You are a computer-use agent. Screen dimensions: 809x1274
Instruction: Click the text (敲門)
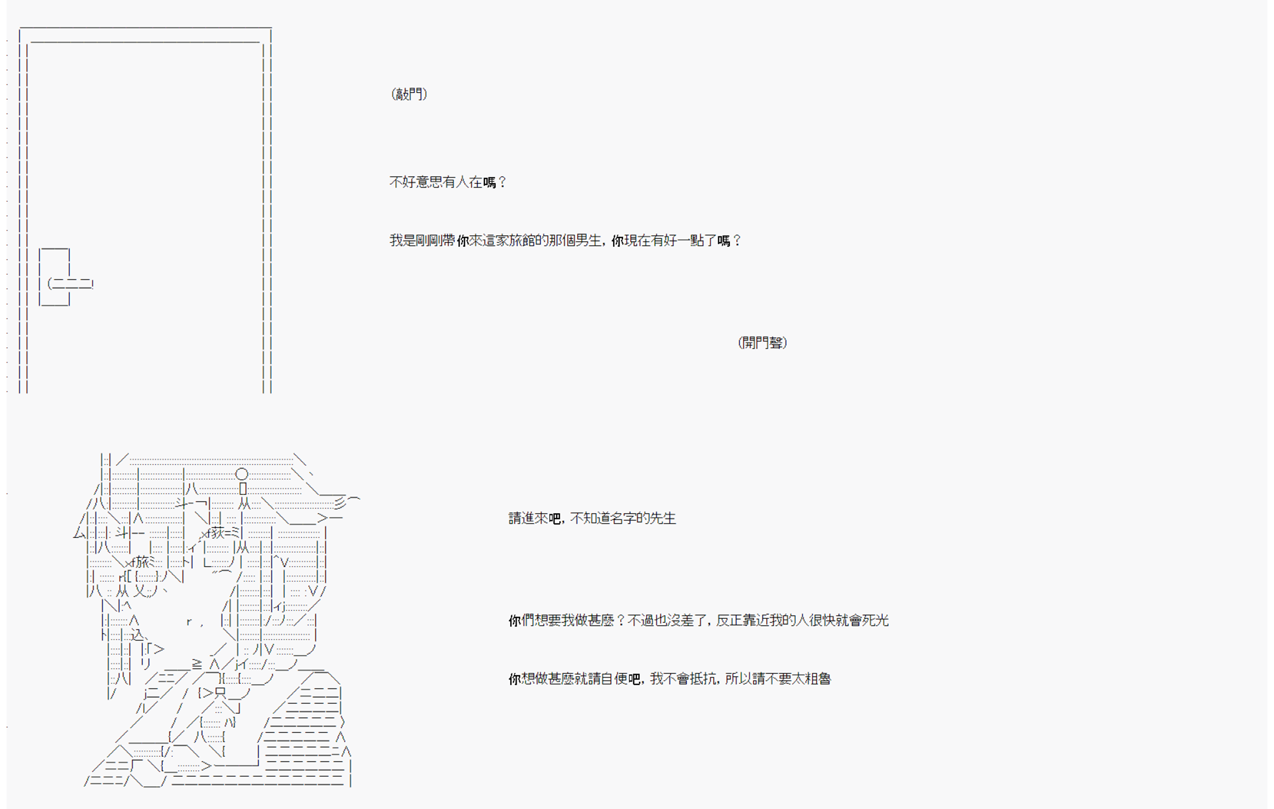click(409, 94)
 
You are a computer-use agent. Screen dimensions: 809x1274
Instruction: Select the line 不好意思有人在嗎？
click(447, 182)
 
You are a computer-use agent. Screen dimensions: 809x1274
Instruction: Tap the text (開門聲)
click(762, 342)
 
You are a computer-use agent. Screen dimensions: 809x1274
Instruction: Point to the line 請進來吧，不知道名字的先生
click(592, 518)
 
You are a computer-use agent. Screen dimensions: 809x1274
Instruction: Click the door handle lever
click(71, 284)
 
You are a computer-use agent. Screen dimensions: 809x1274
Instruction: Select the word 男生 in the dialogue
click(588, 240)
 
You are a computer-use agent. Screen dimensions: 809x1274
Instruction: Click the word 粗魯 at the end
click(817, 678)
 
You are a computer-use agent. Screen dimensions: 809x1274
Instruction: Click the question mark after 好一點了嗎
click(737, 240)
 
